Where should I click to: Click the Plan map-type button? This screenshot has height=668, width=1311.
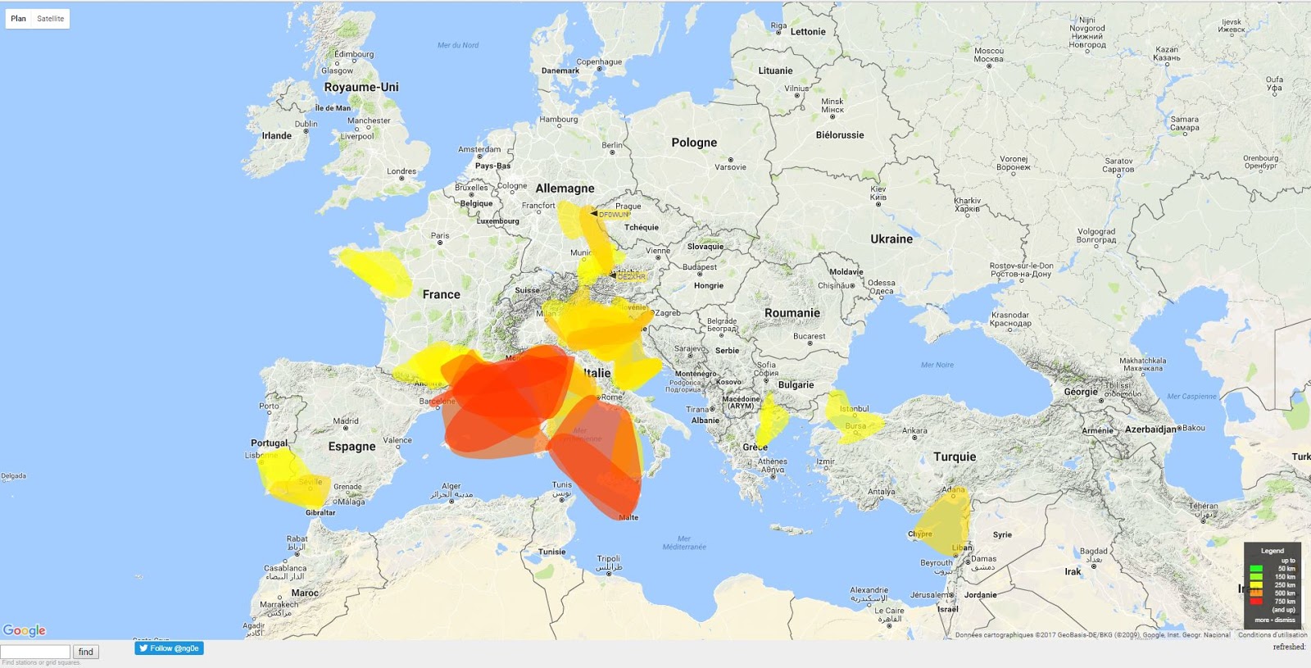coord(18,18)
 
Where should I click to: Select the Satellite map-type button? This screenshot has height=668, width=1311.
coord(50,18)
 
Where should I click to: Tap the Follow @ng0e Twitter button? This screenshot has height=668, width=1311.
coord(169,648)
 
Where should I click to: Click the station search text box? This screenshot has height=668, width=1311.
coord(35,652)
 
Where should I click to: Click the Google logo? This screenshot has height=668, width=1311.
coord(25,630)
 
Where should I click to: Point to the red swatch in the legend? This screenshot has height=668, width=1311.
coord(1256,602)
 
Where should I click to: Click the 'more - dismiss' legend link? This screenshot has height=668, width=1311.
coord(1275,620)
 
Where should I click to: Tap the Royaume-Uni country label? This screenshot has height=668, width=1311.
coord(361,87)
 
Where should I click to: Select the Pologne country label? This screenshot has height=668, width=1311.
coord(694,143)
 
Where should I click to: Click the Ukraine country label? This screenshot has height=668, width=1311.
coord(891,239)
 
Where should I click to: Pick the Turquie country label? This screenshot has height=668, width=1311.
coord(955,457)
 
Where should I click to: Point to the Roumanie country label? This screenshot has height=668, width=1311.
coord(792,313)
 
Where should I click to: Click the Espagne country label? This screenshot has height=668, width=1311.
coord(352,447)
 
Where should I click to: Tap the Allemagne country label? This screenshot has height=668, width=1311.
coord(565,189)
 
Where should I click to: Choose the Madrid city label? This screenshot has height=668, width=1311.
coord(346,421)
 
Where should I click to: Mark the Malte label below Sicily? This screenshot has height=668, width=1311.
coord(628,517)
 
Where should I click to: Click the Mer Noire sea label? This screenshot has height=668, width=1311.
coord(937,365)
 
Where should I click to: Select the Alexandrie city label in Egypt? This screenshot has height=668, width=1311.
coord(869,590)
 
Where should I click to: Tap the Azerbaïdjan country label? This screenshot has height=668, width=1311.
coord(1150,429)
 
